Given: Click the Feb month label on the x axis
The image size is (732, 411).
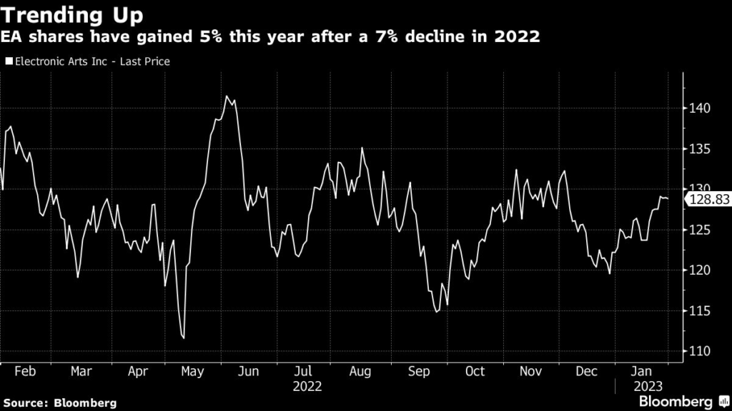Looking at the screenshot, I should pos(24,372).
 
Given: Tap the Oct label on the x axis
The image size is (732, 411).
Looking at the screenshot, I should pos(475,372).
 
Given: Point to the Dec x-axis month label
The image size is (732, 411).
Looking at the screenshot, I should pos(587,372).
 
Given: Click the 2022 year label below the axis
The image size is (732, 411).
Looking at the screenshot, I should pos(307,387).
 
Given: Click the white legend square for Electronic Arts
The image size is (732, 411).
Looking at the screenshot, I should pos(9,61).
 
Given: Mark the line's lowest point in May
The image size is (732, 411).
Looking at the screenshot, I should pos(184,338).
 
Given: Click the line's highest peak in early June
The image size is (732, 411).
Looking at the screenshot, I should pos(227,96).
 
